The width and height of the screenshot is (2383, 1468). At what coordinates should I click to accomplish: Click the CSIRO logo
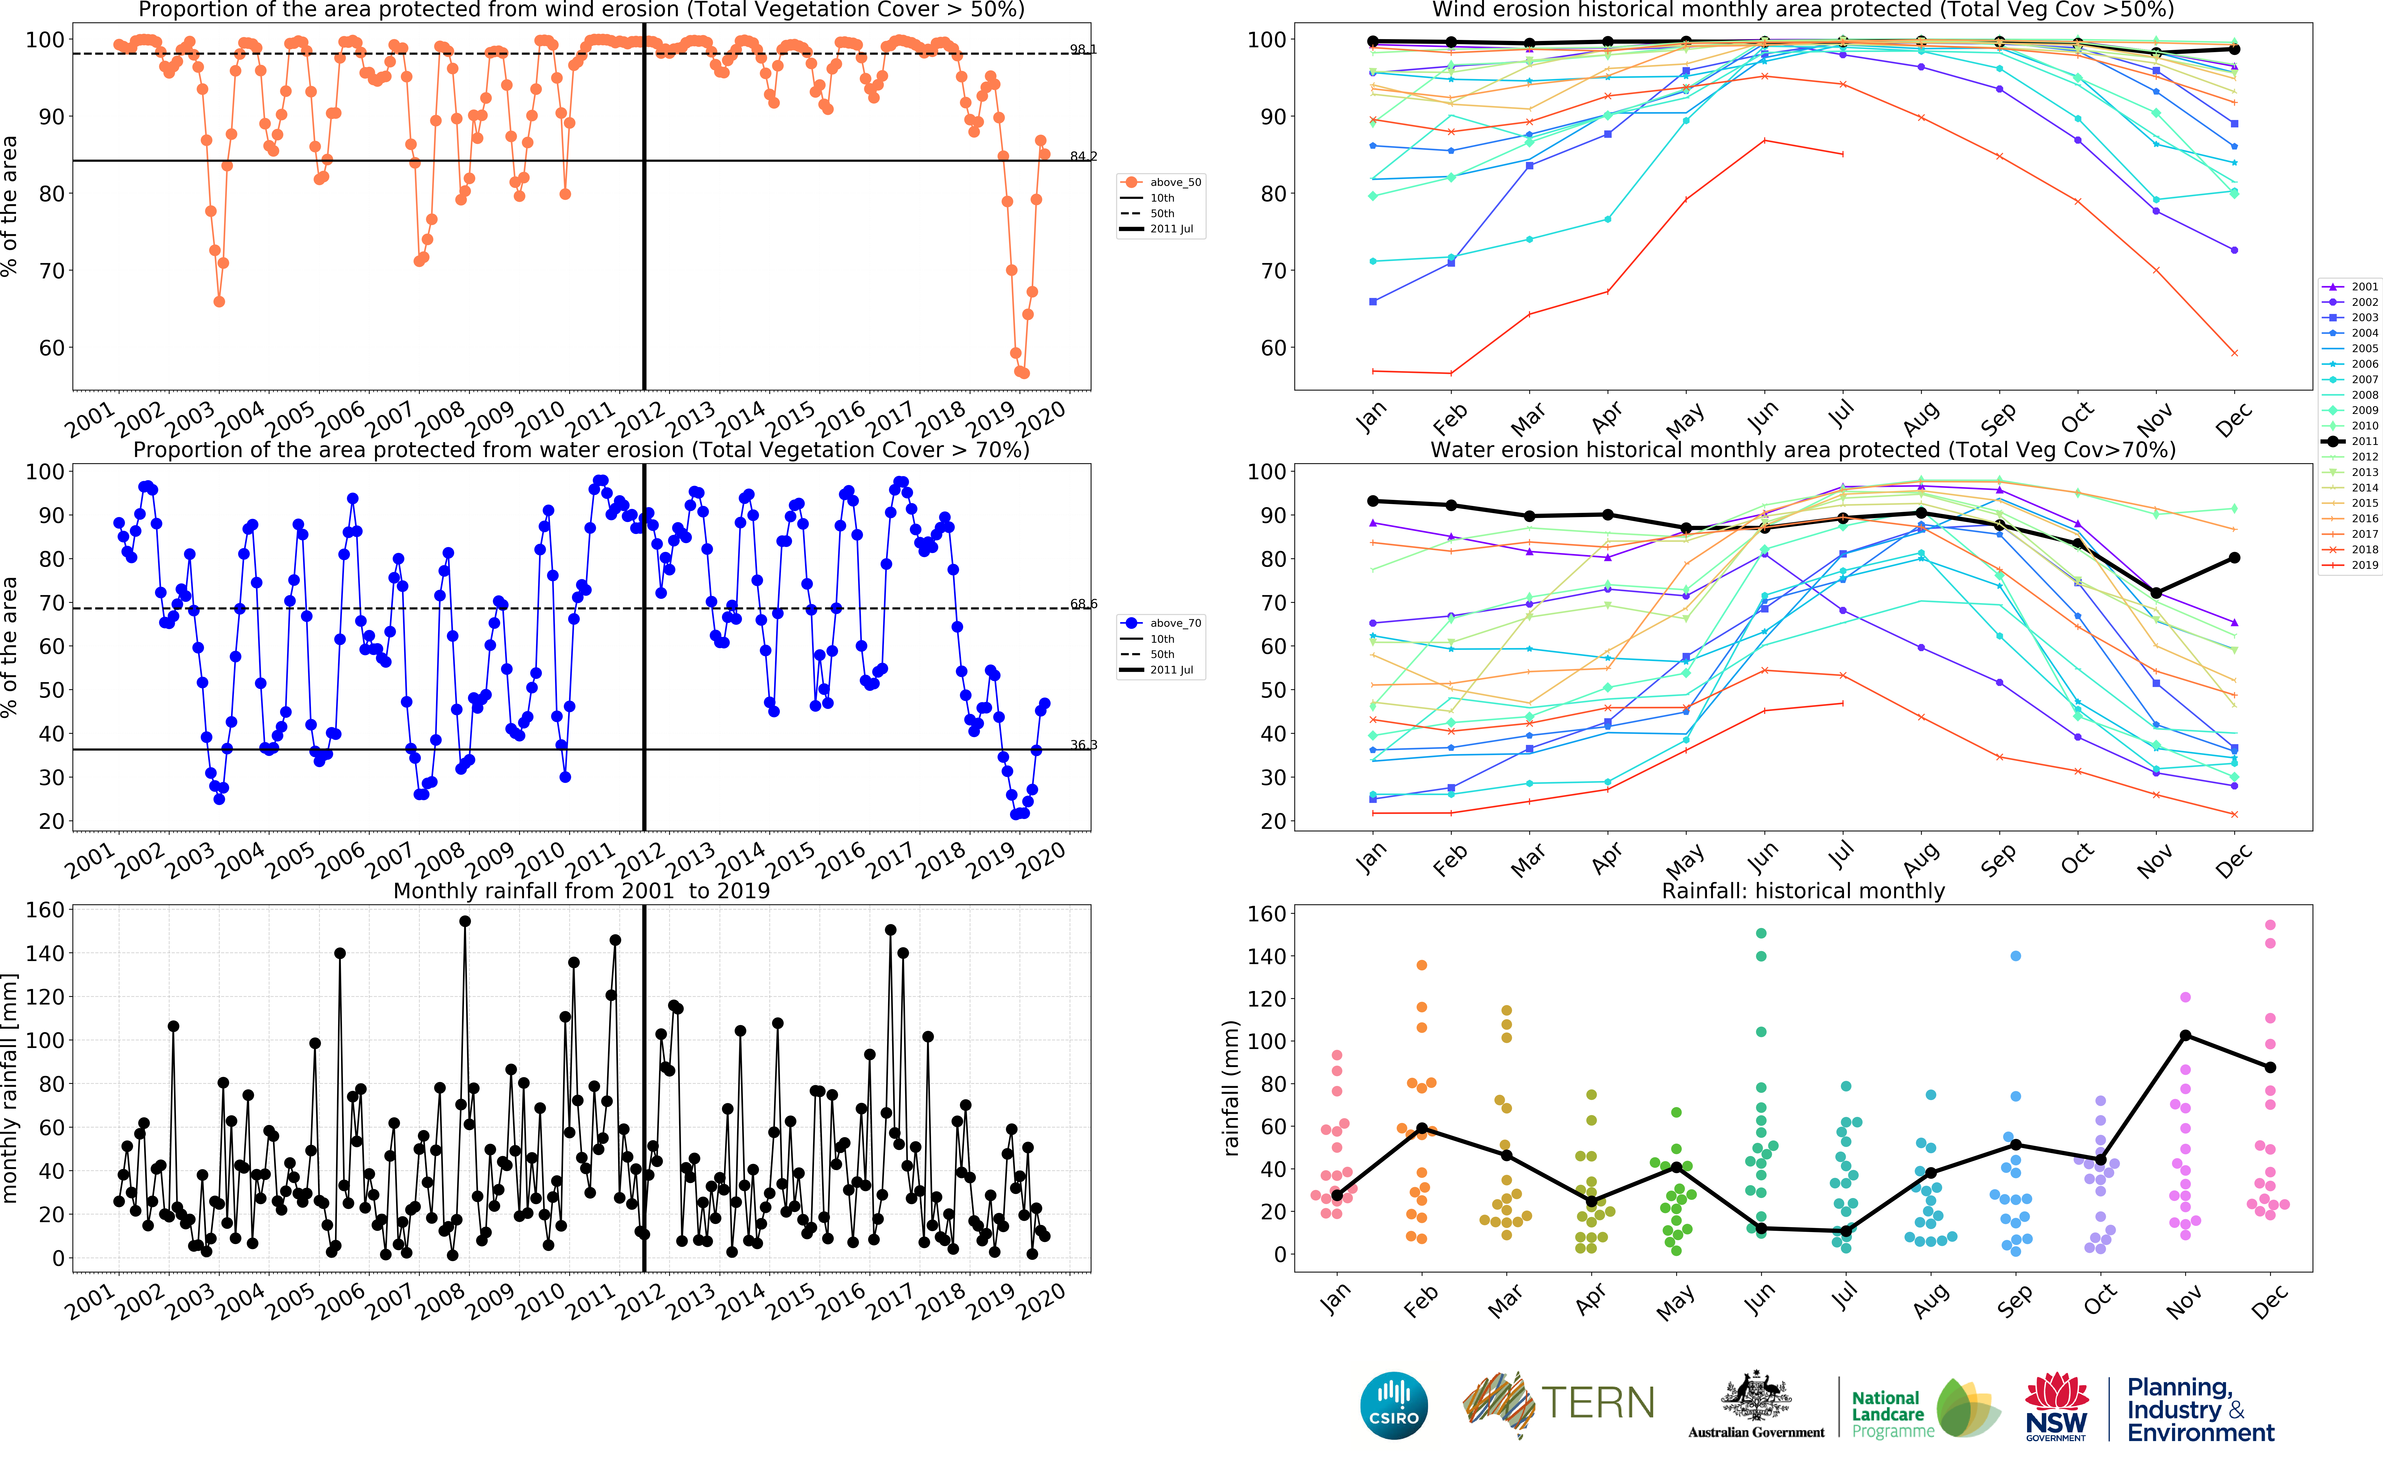1394,1405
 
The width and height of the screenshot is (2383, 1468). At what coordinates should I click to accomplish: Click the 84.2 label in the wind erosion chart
1082,156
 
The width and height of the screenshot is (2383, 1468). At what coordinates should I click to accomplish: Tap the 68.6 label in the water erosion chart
1082,604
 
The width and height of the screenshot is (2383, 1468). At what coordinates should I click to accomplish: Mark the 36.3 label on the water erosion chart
1082,745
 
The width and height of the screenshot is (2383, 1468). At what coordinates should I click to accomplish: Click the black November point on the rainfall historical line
2185,1036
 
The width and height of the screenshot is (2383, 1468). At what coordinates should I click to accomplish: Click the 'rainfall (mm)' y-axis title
1231,1087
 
